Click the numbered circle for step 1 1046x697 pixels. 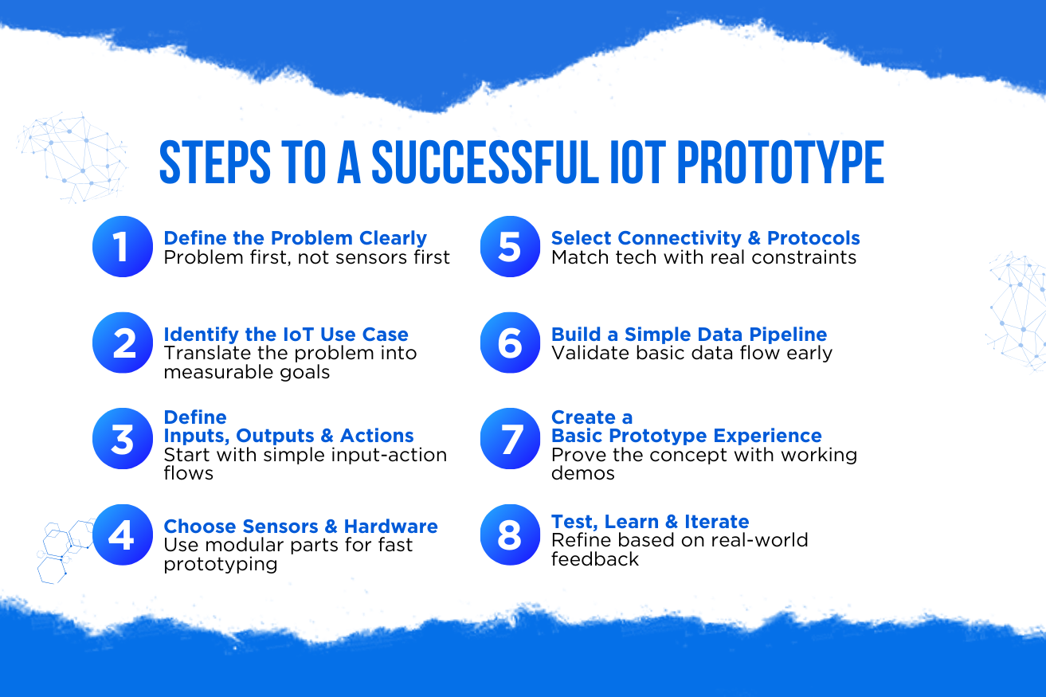click(123, 246)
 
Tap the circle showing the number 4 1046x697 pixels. click(123, 534)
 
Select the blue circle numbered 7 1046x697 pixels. click(511, 438)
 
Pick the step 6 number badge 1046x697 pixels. click(511, 343)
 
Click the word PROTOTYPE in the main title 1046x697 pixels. click(780, 162)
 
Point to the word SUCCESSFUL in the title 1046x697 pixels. click(485, 162)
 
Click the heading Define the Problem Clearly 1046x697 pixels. click(295, 238)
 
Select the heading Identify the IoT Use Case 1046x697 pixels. click(286, 335)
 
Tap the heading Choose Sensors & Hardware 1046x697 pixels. click(300, 526)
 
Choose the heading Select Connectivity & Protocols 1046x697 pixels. click(706, 238)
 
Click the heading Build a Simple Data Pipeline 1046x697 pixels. click(689, 335)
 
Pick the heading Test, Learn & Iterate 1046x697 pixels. click(650, 522)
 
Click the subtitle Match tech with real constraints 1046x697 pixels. click(703, 257)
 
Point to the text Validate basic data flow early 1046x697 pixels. click(691, 353)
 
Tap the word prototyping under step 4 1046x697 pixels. click(221, 565)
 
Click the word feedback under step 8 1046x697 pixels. click(595, 559)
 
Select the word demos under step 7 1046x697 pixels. click(583, 473)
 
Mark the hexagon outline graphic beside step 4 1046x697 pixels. click(65, 551)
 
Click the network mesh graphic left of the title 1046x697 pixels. click(72, 157)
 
